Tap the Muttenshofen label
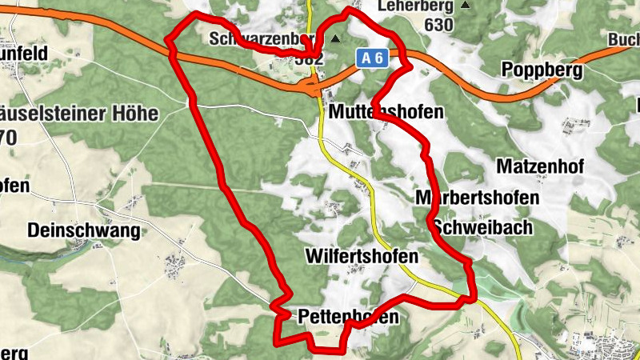coord(385,111)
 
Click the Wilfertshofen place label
coord(362,256)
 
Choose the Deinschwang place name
coord(83,231)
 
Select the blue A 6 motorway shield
coord(371,58)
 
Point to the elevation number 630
coord(439,25)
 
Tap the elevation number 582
coord(308,58)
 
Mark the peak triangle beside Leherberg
coord(466,6)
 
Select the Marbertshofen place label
coord(477,197)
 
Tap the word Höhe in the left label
coord(131,114)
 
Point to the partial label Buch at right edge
coord(623,39)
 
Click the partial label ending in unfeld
coord(23,53)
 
